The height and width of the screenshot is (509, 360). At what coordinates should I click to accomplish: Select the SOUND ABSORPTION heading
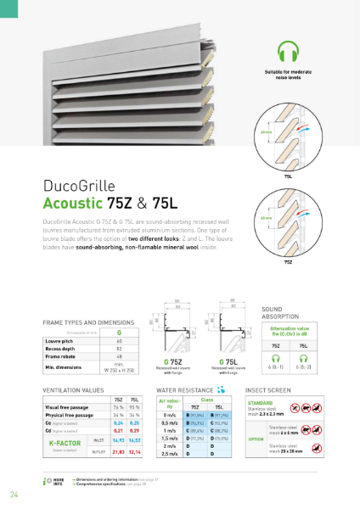[x=278, y=315]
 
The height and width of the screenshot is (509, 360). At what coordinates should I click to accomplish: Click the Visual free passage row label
[x=63, y=408]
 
